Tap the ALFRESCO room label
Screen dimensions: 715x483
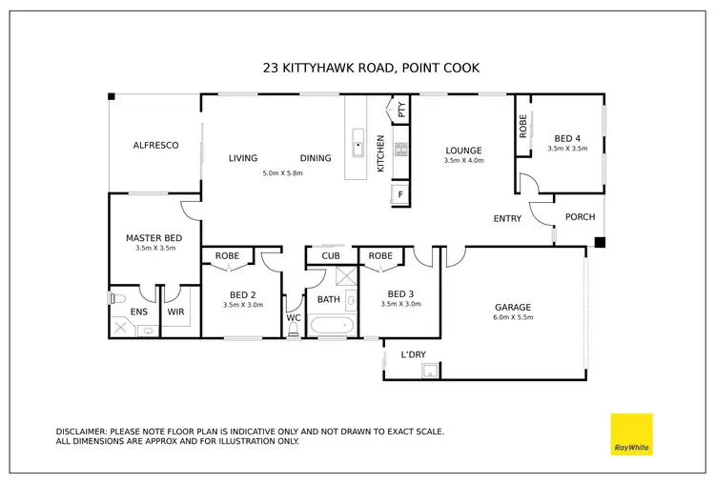point(155,145)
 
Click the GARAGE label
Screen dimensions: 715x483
point(513,307)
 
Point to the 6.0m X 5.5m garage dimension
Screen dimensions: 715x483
point(513,319)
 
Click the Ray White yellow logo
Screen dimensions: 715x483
point(631,433)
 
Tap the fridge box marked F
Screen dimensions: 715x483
point(399,195)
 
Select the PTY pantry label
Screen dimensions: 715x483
point(401,110)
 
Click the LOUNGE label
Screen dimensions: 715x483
point(463,150)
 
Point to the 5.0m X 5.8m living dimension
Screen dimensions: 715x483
point(282,173)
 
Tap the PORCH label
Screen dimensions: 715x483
point(580,217)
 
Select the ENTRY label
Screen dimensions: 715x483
point(507,219)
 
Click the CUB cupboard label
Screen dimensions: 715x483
point(331,255)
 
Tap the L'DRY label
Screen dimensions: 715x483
point(413,354)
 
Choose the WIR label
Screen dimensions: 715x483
point(175,311)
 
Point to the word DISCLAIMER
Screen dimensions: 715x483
point(81,432)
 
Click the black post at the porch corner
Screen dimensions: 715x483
point(600,243)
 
